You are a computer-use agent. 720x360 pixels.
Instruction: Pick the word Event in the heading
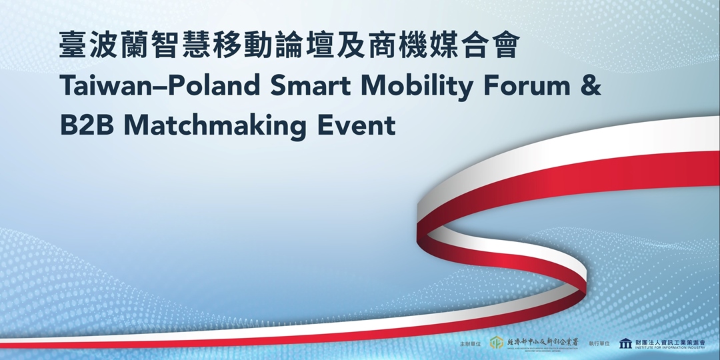pos(366,125)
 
